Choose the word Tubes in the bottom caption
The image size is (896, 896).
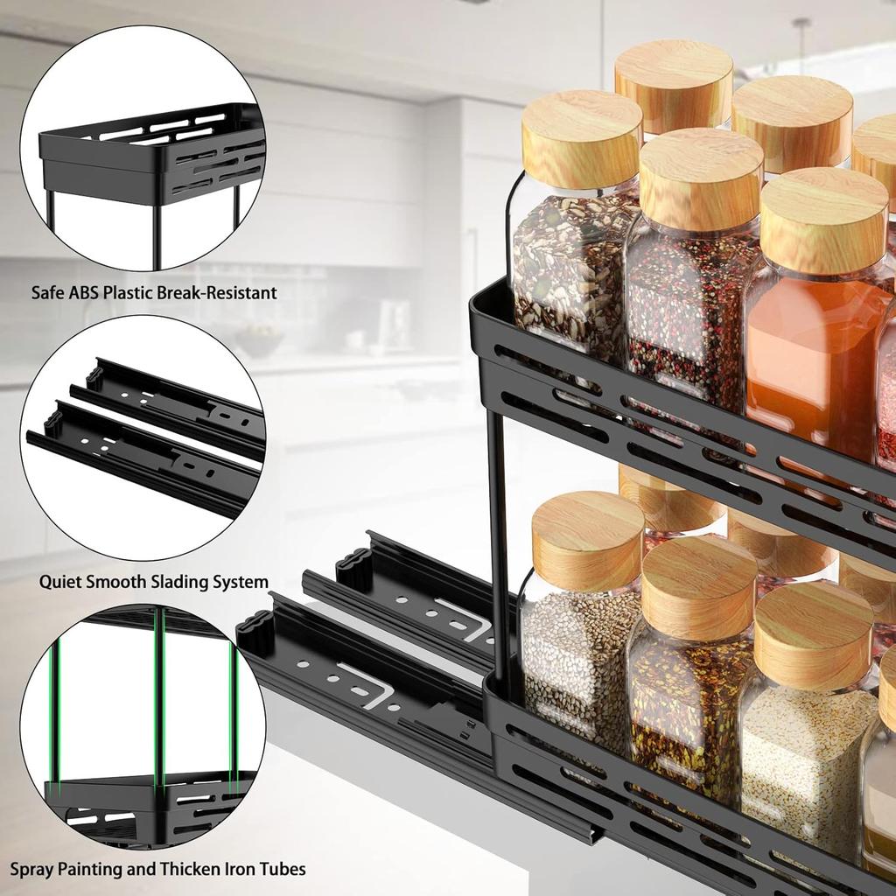pos(278,869)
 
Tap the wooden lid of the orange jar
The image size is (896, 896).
pos(822,219)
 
